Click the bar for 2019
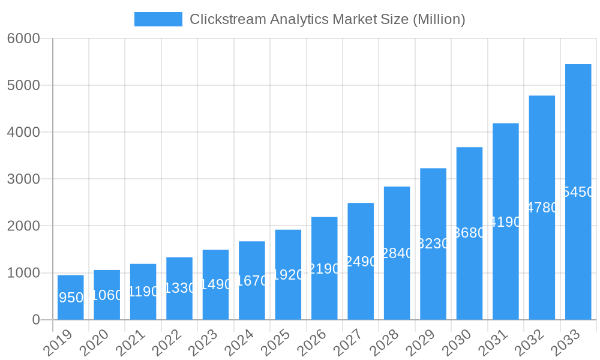click(71, 297)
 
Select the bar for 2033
click(578, 192)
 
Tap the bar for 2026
click(324, 268)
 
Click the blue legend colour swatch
click(158, 19)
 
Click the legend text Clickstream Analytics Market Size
click(327, 19)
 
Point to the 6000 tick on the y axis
click(23, 38)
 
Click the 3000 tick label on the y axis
click(23, 179)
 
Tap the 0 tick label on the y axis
click(35, 320)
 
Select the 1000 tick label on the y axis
click(23, 273)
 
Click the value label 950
click(71, 298)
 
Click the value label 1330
click(180, 288)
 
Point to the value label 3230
click(434, 244)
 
